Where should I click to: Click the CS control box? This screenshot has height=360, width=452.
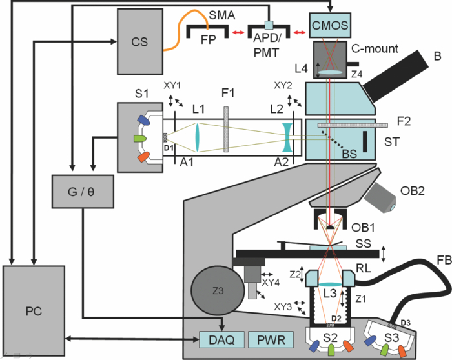pyautogui.click(x=139, y=42)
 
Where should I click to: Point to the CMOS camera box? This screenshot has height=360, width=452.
pyautogui.click(x=331, y=26)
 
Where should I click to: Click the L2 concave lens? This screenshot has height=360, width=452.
pyautogui.click(x=287, y=137)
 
